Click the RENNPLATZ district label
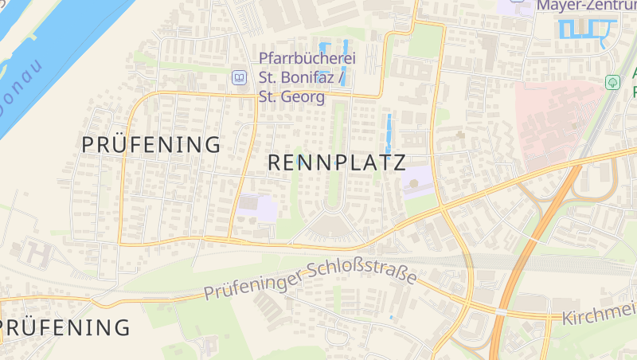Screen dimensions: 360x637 pyautogui.click(x=337, y=162)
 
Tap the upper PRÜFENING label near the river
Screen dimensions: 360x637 pyautogui.click(x=151, y=145)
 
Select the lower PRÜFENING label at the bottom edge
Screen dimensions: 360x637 pyautogui.click(x=65, y=327)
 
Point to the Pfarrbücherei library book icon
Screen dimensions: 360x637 pyautogui.click(x=239, y=78)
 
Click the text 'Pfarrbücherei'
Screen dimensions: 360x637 pyautogui.click(x=307, y=58)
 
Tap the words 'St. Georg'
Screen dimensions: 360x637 pyautogui.click(x=292, y=97)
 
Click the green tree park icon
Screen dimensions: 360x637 pyautogui.click(x=612, y=81)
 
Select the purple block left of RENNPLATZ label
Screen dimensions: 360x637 pyautogui.click(x=256, y=207)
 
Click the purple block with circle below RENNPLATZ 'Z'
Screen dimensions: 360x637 pyautogui.click(x=416, y=183)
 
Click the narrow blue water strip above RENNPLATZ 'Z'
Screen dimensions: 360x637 pyautogui.click(x=389, y=133)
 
